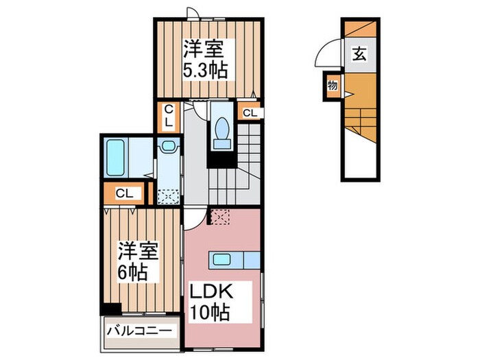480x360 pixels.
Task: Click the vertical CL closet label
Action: click(168, 117)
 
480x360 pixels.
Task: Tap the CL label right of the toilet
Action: click(250, 112)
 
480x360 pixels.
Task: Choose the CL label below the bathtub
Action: click(124, 193)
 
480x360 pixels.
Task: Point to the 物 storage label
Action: click(333, 85)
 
